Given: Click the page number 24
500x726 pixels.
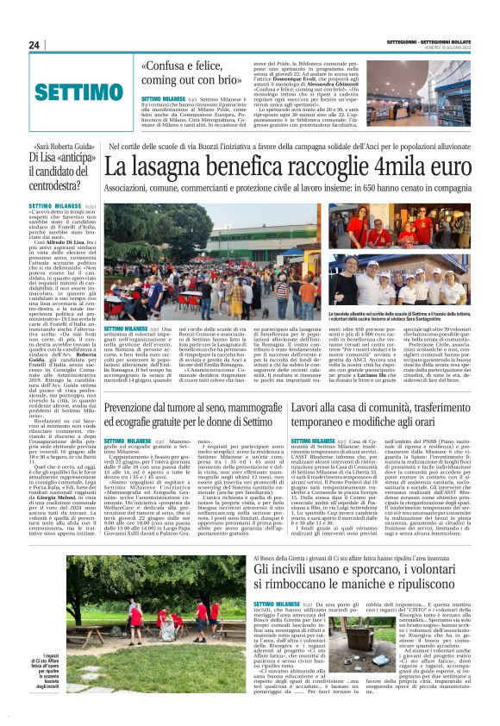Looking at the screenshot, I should coord(35,45).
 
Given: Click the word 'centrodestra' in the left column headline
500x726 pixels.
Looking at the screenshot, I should coord(63,182).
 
